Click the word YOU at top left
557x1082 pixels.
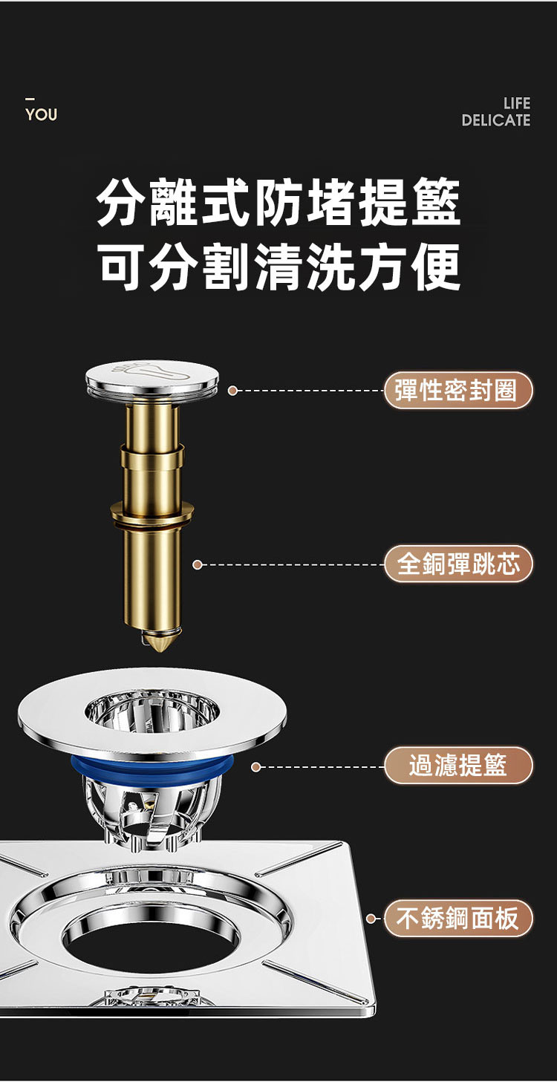[x=41, y=114]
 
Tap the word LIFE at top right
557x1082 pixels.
[x=516, y=103]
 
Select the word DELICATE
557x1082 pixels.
[x=495, y=120]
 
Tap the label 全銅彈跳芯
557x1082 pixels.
[x=458, y=564]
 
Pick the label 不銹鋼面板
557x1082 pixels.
[x=458, y=918]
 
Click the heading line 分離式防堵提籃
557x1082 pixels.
[x=278, y=202]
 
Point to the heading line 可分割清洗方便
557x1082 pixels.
[x=278, y=266]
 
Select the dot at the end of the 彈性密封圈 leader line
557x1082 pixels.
[x=232, y=391]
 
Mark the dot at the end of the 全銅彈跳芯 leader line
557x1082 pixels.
[x=197, y=564]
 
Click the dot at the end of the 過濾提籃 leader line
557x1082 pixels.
[x=256, y=766]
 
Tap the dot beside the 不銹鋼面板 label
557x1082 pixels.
[x=371, y=918]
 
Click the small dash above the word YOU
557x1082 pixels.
[x=30, y=100]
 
